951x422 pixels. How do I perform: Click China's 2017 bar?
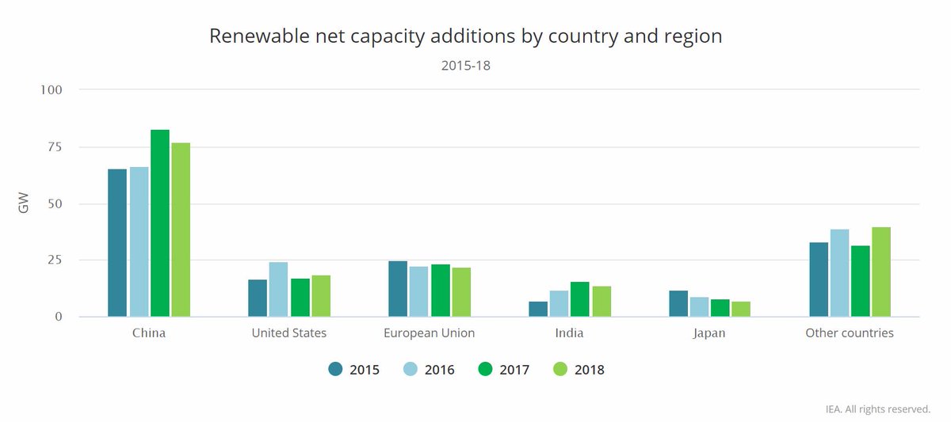[160, 223]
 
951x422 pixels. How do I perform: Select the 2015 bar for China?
[117, 243]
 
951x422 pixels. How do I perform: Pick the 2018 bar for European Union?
[461, 292]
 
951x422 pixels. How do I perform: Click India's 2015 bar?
[538, 309]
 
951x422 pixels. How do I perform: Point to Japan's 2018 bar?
[741, 309]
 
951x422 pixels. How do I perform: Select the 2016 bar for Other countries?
[839, 273]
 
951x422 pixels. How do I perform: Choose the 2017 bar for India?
[580, 299]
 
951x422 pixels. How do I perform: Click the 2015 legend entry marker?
[335, 369]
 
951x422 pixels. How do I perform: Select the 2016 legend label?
[439, 369]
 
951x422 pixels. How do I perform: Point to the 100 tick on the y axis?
[52, 89]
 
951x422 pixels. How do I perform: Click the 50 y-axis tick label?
[55, 203]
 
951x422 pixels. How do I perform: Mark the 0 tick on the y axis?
[59, 317]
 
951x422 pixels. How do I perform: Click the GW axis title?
[24, 203]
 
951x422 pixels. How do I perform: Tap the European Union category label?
[429, 333]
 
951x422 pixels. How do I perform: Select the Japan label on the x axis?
[710, 333]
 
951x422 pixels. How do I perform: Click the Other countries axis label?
[850, 333]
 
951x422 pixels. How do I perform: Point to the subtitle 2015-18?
[466, 66]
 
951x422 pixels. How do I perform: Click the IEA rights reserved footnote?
[877, 409]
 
